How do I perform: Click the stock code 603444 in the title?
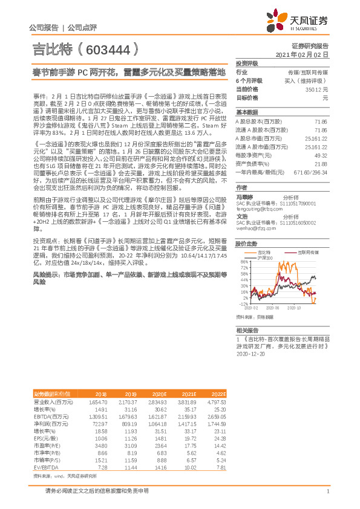click(x=110, y=49)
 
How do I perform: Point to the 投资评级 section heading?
click(x=247, y=63)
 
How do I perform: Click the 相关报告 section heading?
click(x=247, y=331)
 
